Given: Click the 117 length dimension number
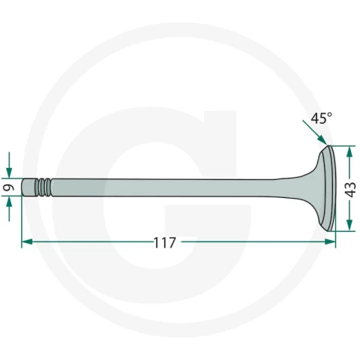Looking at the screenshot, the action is [x=164, y=242].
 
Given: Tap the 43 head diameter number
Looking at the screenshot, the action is [x=350, y=190].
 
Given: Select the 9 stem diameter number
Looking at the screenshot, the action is [x=9, y=187].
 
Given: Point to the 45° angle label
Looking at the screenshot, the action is [x=321, y=118].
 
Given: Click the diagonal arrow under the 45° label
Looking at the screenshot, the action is [x=315, y=133].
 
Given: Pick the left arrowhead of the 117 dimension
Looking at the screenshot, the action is [x=27, y=241].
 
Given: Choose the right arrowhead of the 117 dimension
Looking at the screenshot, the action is [x=330, y=241].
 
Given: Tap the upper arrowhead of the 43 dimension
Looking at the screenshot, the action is [x=349, y=151].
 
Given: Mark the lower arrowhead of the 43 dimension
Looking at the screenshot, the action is [x=349, y=225].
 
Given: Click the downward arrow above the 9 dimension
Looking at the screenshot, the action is [x=9, y=165].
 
